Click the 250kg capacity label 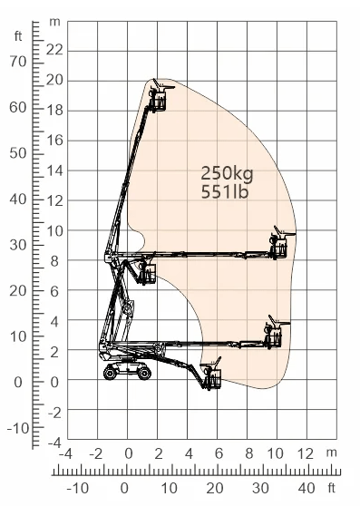(x=227, y=173)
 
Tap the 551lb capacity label (x=224, y=192)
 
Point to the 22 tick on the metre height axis (x=54, y=50)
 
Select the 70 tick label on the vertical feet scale (x=18, y=62)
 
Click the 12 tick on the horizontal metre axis (x=305, y=453)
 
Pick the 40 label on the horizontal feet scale (x=306, y=489)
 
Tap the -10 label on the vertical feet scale (x=18, y=428)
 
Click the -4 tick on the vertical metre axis (x=54, y=443)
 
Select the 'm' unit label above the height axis (x=54, y=22)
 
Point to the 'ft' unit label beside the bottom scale (x=332, y=488)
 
